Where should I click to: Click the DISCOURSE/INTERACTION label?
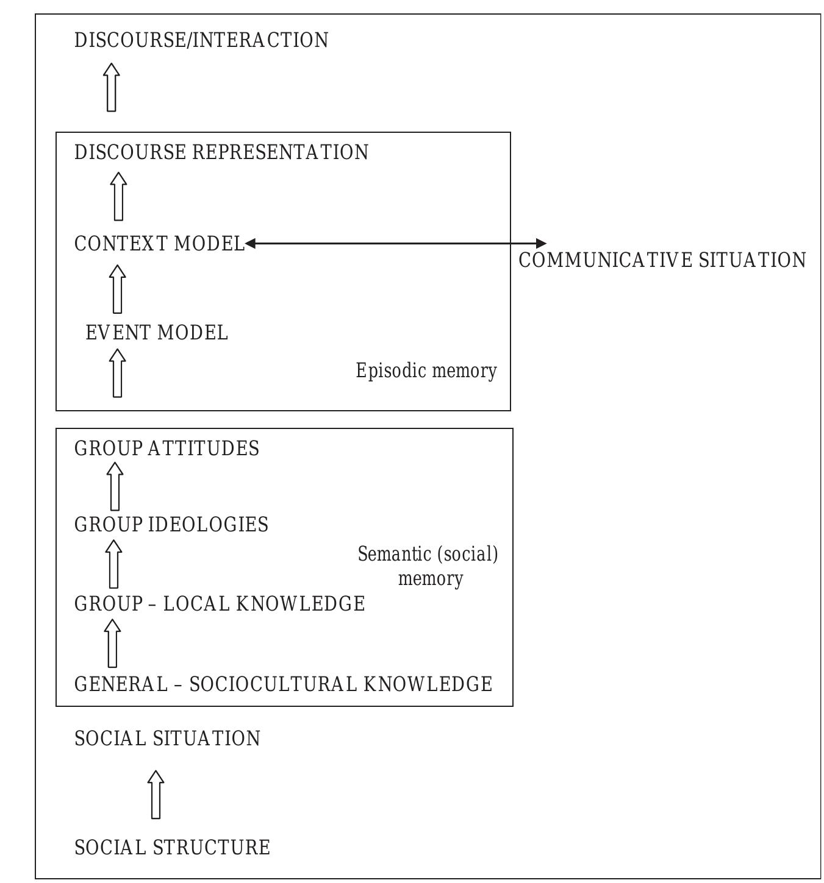(x=201, y=40)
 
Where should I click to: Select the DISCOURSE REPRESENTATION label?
(x=221, y=152)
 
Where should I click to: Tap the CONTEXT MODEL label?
(x=159, y=244)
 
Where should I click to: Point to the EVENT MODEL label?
(x=157, y=333)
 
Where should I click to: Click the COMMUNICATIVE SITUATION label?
(x=662, y=260)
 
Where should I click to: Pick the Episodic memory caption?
(x=426, y=371)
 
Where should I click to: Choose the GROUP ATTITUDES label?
(x=167, y=448)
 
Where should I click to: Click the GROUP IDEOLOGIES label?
(x=171, y=525)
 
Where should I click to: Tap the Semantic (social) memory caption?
(x=428, y=566)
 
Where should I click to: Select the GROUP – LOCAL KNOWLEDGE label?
(x=220, y=604)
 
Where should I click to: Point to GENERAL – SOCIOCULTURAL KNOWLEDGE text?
(x=283, y=684)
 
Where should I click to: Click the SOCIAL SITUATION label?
(x=167, y=739)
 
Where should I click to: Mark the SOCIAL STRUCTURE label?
(x=172, y=848)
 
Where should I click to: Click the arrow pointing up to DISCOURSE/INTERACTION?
(x=111, y=87)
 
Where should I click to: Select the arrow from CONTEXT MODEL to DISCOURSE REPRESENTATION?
(x=118, y=196)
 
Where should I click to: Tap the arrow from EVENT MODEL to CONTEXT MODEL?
(x=118, y=289)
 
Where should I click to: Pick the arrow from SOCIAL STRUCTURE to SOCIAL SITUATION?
(x=156, y=795)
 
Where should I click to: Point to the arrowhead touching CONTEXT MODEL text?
(x=250, y=243)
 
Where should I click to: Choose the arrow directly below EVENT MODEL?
(x=118, y=373)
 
